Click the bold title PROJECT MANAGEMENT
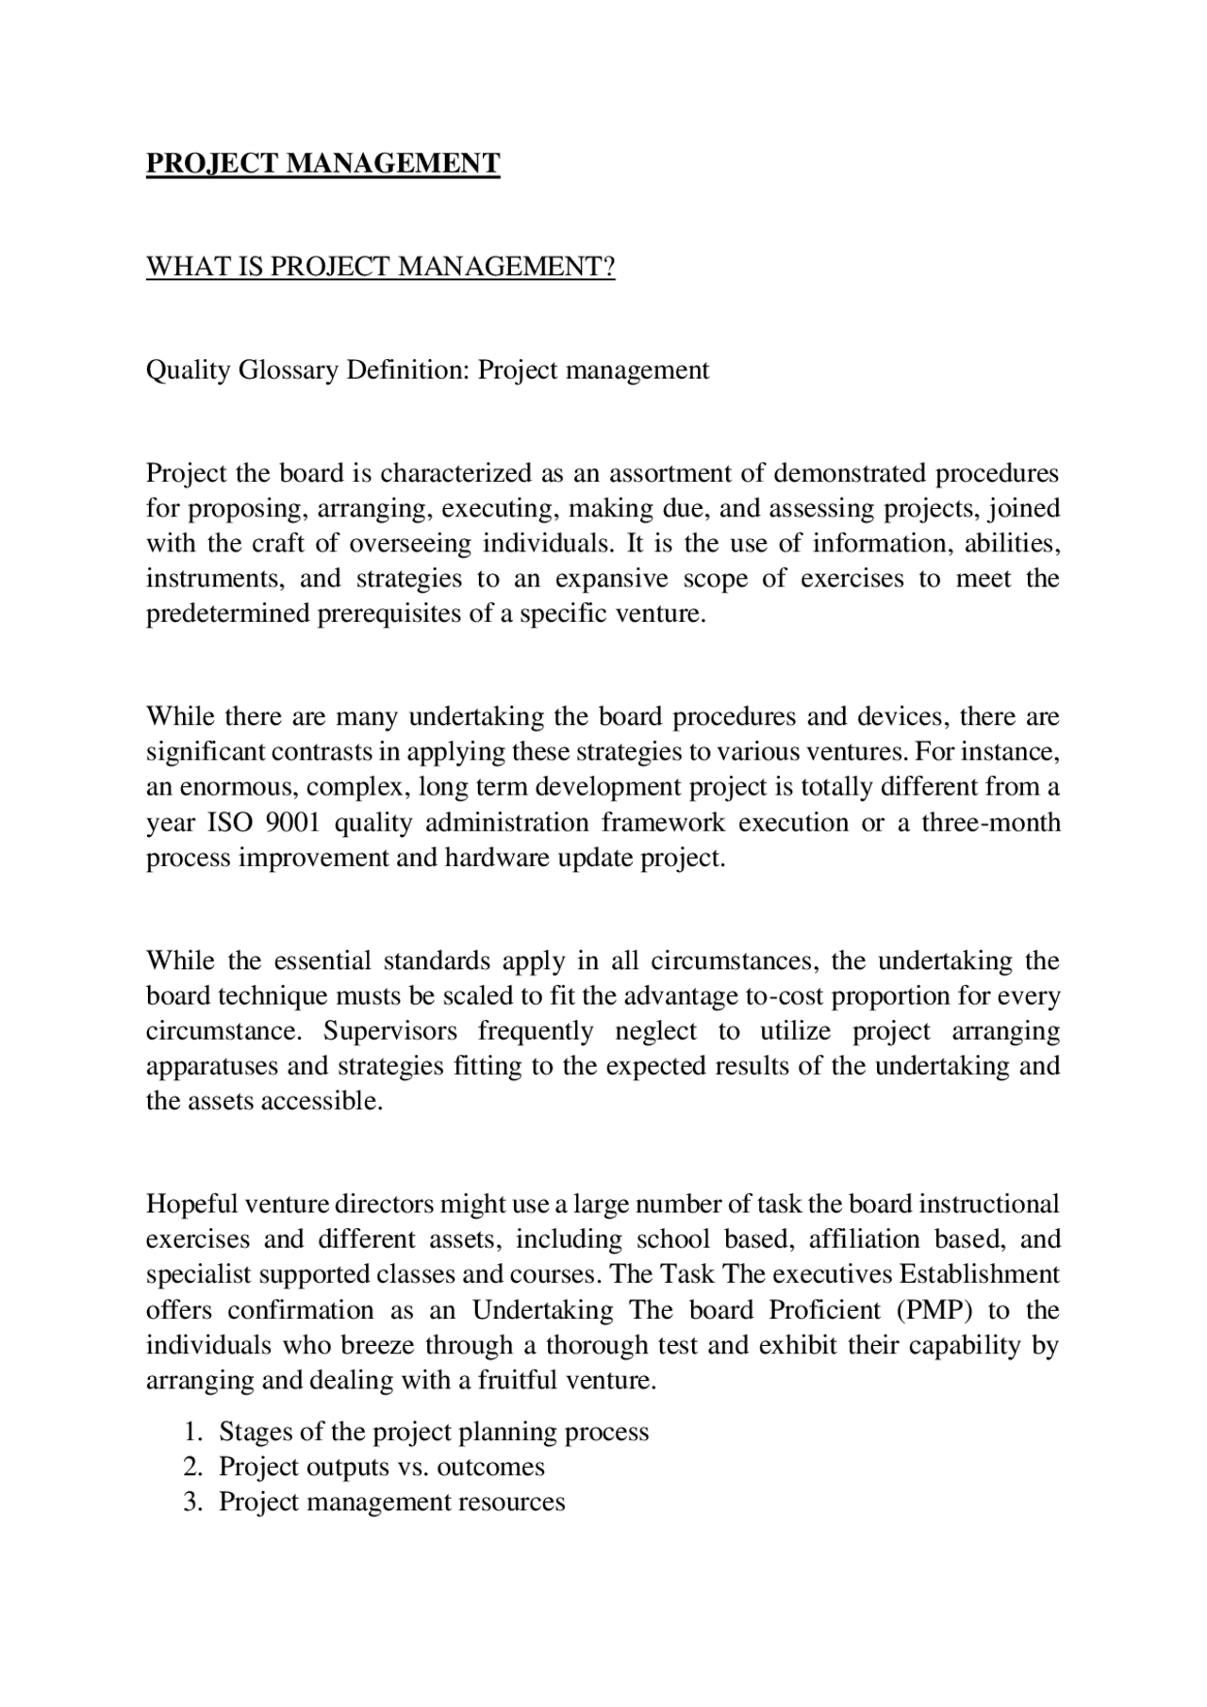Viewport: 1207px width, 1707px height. point(322,164)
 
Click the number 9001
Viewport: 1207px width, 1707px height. point(293,823)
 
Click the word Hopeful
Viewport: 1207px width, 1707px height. point(191,1205)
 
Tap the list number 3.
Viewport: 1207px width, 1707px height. point(192,1502)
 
